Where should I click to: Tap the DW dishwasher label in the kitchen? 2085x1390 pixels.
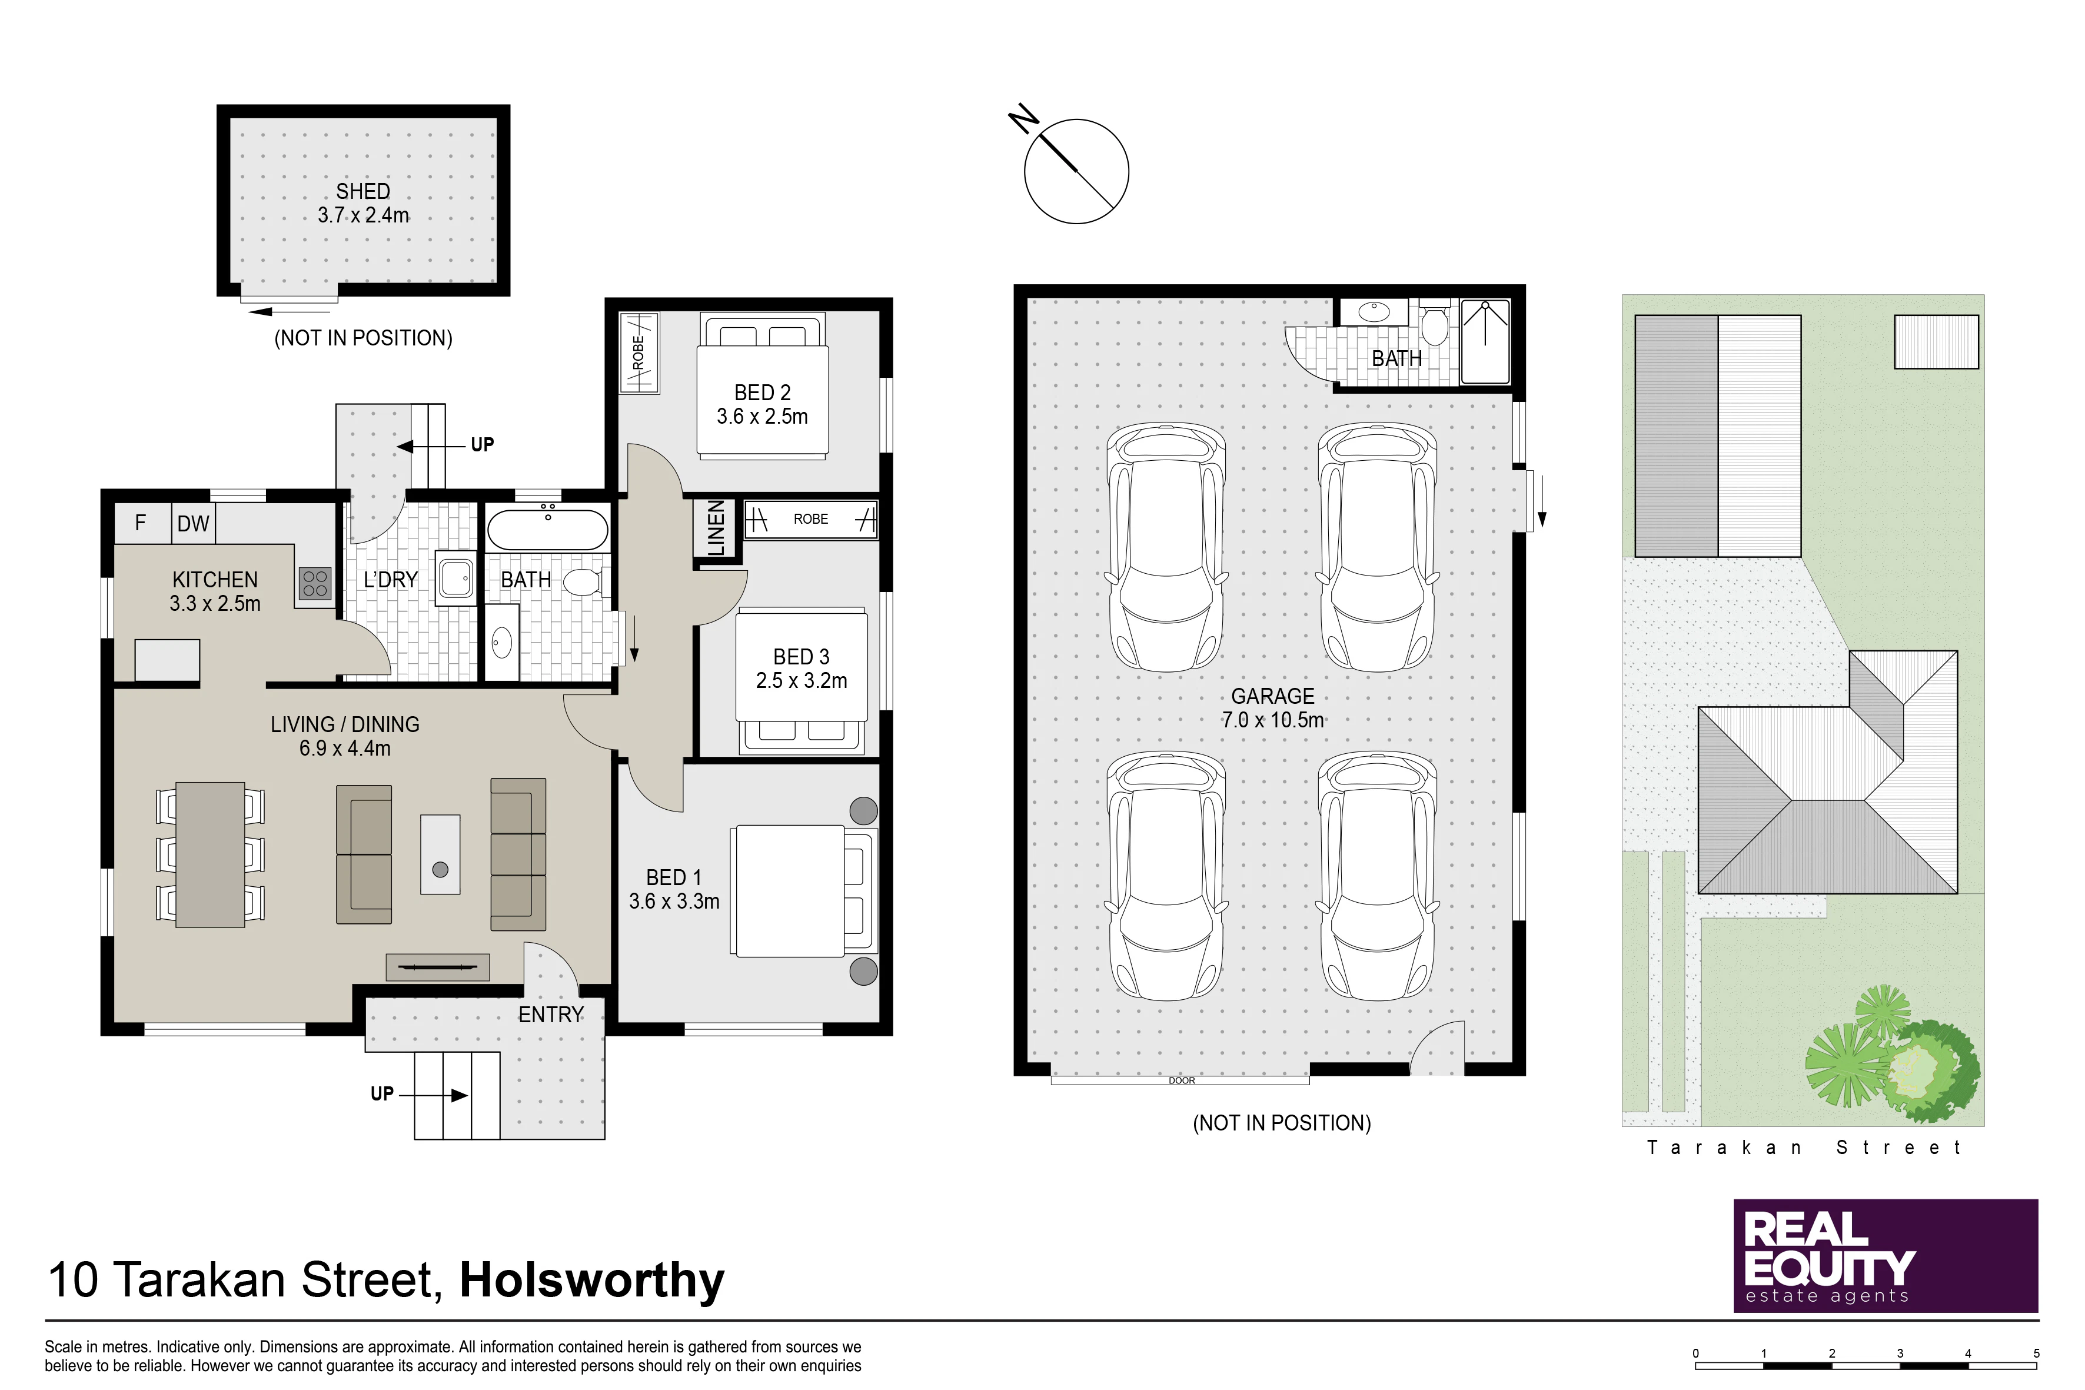tap(193, 524)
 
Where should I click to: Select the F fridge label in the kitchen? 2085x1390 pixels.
tap(140, 523)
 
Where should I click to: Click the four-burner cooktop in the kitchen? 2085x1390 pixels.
tap(315, 583)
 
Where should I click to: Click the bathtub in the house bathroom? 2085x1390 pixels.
tap(548, 529)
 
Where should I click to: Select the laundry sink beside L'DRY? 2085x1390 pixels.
tap(455, 579)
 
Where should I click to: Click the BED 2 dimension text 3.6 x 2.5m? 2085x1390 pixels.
tap(762, 417)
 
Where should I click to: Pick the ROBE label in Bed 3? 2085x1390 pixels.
tap(810, 520)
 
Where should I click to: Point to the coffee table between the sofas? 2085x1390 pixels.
tap(441, 854)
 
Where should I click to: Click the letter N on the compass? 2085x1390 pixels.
tap(1024, 119)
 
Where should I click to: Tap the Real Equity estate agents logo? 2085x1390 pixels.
tap(1886, 1255)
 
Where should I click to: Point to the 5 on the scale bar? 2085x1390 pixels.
tap(2036, 1354)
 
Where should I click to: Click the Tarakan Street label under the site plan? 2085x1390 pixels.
tap(1803, 1148)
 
